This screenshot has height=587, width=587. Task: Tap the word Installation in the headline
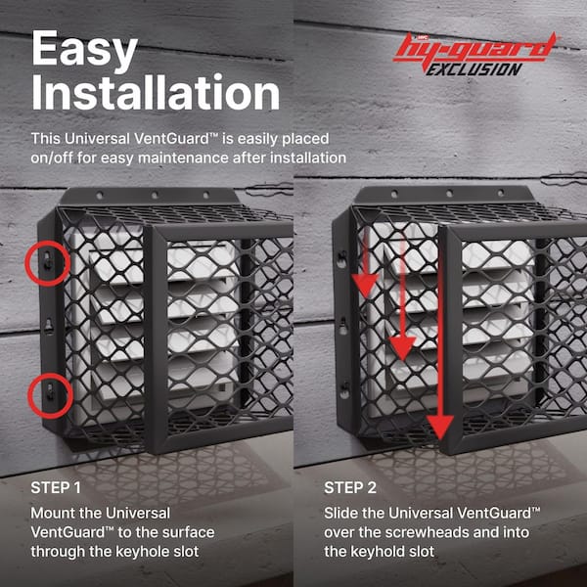[156, 93]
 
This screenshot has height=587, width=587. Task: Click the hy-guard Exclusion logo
[475, 54]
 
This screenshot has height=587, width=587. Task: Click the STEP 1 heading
[56, 488]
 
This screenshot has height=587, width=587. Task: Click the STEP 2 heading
[350, 488]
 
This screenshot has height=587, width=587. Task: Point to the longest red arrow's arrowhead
[440, 427]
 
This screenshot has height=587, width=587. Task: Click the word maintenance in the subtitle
[183, 158]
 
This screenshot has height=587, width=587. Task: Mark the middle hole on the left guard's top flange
[155, 195]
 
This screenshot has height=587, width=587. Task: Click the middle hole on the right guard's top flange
[449, 194]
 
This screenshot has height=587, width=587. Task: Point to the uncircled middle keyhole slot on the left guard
[49, 327]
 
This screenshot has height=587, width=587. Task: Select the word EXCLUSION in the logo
[474, 69]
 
